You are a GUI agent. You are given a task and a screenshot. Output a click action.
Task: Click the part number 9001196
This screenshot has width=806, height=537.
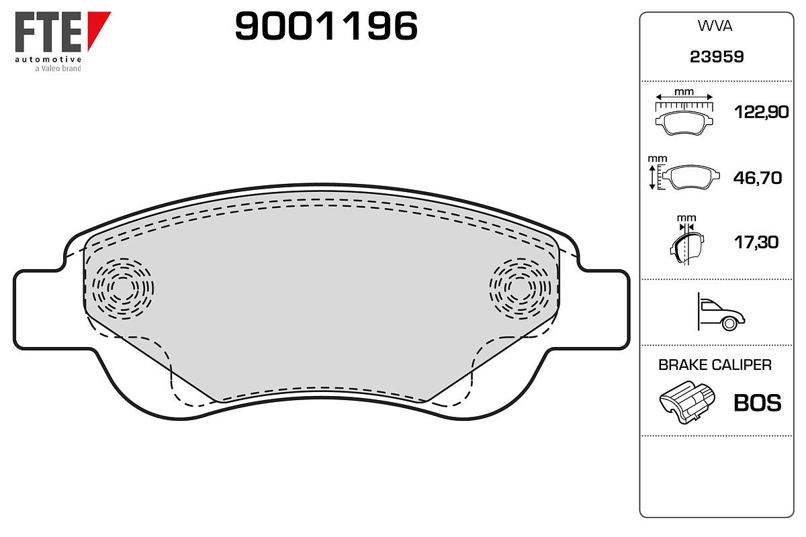coord(326,26)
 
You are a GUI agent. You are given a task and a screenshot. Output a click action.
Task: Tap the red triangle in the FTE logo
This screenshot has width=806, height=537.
coord(97,26)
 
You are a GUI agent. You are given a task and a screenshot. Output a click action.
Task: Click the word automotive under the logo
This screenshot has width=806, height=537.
coord(48,59)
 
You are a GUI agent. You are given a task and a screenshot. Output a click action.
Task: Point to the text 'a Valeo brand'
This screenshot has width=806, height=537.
coord(58,68)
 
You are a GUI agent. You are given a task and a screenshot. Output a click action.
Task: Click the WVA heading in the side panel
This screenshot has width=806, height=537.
coord(715,26)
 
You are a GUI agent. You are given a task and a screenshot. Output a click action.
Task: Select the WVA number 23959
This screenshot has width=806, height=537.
coord(717,57)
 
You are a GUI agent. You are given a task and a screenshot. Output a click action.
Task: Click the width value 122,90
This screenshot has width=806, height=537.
coord(761,112)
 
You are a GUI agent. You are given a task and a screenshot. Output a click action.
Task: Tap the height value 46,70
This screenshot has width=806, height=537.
coord(758,178)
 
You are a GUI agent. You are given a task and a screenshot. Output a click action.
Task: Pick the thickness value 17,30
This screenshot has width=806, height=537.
coord(756,242)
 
